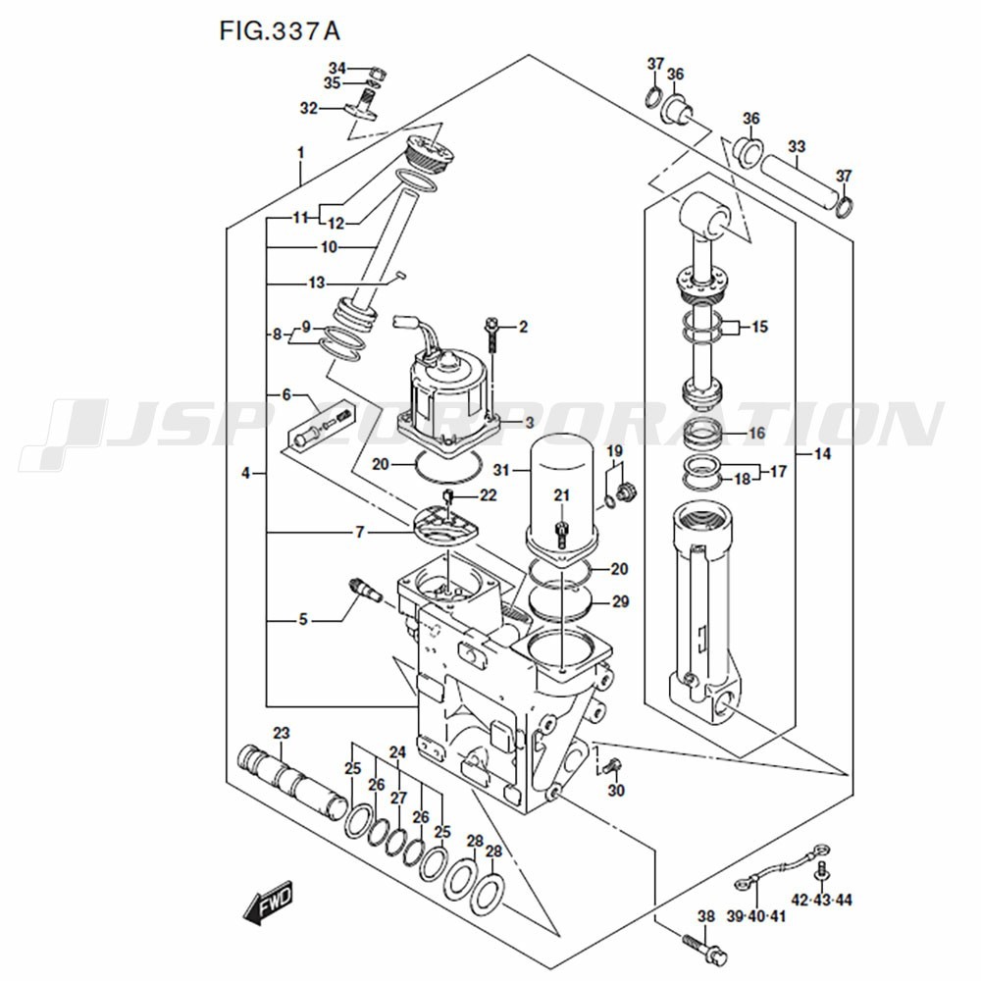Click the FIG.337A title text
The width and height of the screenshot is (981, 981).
pos(280,30)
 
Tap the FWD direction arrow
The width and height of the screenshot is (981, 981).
pos(268,904)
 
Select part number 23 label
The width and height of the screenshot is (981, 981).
pos(282,734)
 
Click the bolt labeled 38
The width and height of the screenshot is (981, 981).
pos(701,949)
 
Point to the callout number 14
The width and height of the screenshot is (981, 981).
pos(822,454)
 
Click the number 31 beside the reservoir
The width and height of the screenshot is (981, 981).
pos(503,470)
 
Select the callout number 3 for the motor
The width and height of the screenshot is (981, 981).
pos(528,423)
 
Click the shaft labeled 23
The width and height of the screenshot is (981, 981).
pos(289,779)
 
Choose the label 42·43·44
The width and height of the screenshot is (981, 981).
pos(822,900)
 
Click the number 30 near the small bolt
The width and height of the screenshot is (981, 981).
pos(616,791)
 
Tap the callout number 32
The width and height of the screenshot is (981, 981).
pos(309,109)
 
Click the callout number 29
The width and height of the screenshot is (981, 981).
pos(620,601)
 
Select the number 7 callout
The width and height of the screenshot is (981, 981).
pos(360,533)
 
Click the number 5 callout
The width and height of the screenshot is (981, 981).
pos(303,620)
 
